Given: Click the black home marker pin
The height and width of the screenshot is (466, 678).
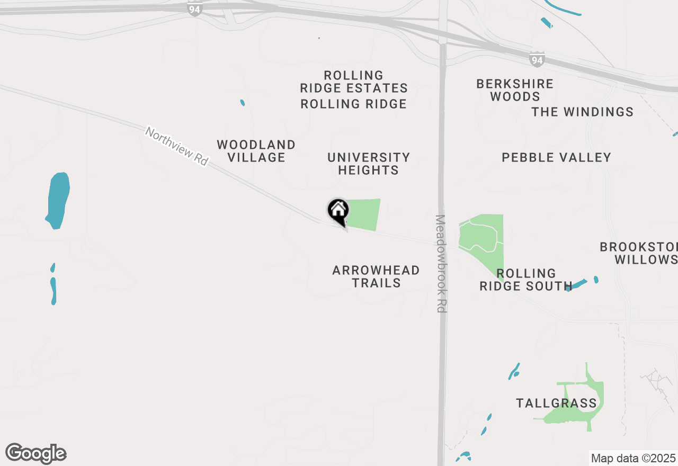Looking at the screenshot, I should [x=338, y=211].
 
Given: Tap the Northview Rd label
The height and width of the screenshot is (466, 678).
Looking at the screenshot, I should [x=177, y=146].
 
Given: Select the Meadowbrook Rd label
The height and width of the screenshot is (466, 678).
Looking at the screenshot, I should [x=441, y=263].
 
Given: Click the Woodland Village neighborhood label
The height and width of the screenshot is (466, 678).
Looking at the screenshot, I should [x=256, y=151].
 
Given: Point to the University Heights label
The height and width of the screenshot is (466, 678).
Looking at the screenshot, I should [x=369, y=164].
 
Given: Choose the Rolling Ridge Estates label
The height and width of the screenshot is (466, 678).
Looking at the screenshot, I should [x=354, y=82].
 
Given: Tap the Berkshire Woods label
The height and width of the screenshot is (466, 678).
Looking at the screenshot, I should [x=515, y=90].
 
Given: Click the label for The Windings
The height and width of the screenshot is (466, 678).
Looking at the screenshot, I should [x=583, y=112].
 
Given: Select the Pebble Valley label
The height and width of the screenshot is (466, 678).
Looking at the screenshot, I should [x=556, y=157].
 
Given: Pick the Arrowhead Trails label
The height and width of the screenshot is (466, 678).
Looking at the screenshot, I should [x=376, y=276].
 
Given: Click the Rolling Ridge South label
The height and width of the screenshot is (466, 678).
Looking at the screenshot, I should [x=525, y=280].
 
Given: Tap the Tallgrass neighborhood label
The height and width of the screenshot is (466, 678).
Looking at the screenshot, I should [x=556, y=404].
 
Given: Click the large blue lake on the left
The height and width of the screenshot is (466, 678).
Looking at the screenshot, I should [x=58, y=200].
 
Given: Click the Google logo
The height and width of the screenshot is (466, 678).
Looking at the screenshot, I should [x=36, y=453].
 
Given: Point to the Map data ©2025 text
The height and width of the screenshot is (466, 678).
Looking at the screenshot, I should [x=633, y=458].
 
